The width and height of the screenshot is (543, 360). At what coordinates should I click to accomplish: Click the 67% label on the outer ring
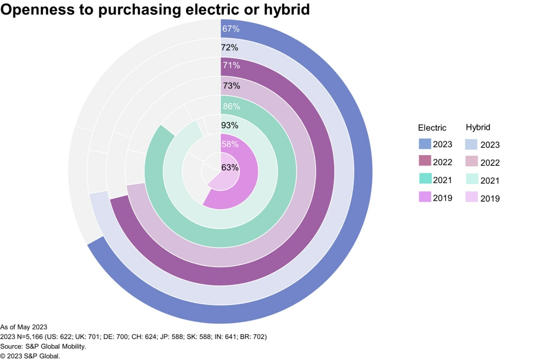(231, 29)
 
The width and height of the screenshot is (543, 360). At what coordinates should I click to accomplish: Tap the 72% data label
(230, 48)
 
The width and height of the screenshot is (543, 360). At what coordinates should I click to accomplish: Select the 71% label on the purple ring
(231, 65)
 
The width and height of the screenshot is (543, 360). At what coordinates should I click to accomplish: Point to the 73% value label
(231, 86)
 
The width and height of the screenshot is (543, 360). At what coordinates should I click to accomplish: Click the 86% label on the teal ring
(231, 106)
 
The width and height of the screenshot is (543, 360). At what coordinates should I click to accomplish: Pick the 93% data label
(230, 125)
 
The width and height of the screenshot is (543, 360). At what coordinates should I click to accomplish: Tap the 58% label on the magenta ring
(230, 144)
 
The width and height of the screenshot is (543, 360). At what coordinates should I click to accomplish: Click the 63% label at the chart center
(230, 167)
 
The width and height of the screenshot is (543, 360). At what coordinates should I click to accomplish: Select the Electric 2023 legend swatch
(425, 144)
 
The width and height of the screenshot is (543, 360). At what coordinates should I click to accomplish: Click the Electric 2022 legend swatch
(425, 161)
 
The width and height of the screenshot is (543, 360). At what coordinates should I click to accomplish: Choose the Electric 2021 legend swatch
(425, 178)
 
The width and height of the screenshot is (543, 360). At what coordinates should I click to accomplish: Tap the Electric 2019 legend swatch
(425, 197)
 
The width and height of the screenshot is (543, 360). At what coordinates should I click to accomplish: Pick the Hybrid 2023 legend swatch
(471, 144)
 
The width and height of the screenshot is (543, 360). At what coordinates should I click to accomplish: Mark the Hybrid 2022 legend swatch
(471, 161)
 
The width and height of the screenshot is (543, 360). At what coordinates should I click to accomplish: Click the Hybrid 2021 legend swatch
(471, 179)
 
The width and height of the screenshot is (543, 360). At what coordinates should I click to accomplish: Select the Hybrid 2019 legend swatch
(471, 197)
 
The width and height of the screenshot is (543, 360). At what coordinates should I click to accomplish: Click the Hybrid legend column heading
(478, 127)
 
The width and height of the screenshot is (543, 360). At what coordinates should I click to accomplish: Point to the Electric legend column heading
(432, 128)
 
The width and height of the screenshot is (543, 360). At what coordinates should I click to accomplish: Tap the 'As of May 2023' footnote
(24, 327)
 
